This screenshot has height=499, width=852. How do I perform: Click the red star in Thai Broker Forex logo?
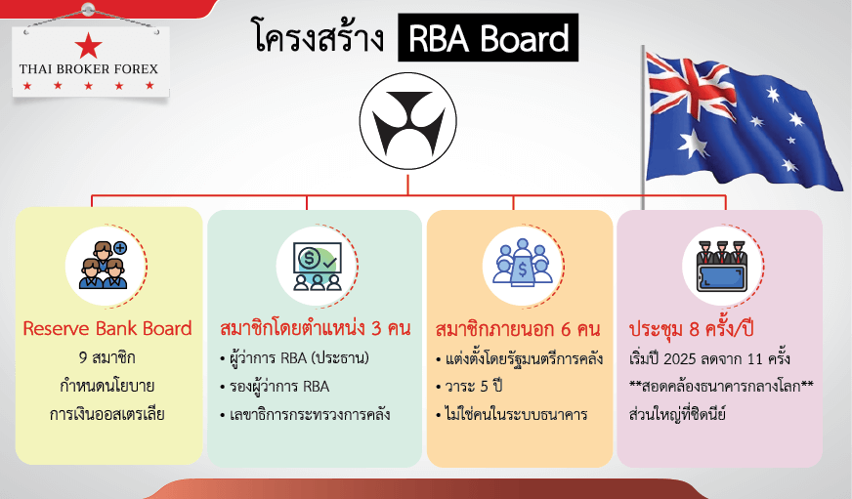[88, 45]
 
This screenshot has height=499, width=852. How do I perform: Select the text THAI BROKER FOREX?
[88, 69]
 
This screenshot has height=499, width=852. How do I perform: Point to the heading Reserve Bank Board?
[107, 328]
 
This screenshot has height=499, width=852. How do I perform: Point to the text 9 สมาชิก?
[107, 356]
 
